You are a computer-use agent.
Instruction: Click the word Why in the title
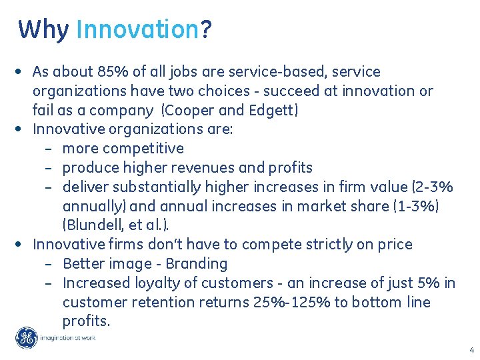tap(43, 30)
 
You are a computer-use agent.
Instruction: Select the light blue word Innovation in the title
tap(137, 30)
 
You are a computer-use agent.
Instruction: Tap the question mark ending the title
tap(206, 30)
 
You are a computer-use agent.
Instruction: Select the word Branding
tap(197, 263)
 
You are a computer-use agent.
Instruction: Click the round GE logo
tap(27, 338)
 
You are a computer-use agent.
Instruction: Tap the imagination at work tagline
tap(69, 338)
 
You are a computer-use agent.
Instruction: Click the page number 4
tap(471, 350)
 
